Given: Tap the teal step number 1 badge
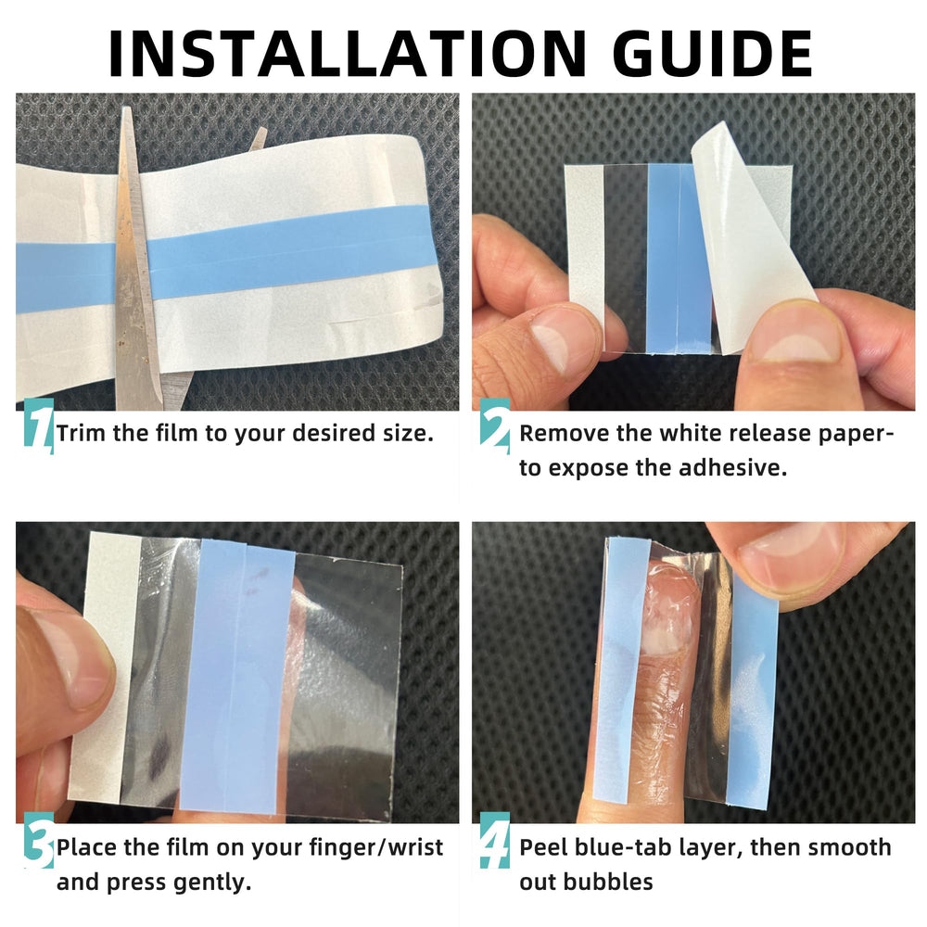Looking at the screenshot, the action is pyautogui.click(x=39, y=424).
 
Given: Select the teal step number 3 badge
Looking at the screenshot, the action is pyautogui.click(x=39, y=840).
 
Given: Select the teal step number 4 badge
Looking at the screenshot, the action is pyautogui.click(x=495, y=840).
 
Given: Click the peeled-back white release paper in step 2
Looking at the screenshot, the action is pyautogui.click(x=751, y=236).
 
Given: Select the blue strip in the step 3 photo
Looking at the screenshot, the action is pyautogui.click(x=236, y=674).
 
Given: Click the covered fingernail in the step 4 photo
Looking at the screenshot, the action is pyautogui.click(x=668, y=609).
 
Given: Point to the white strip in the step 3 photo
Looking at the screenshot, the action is pyautogui.click(x=104, y=668).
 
